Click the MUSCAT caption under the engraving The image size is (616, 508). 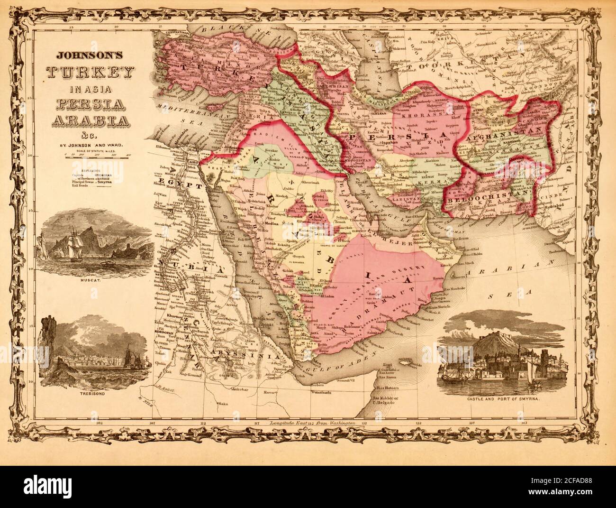click(96, 280)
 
